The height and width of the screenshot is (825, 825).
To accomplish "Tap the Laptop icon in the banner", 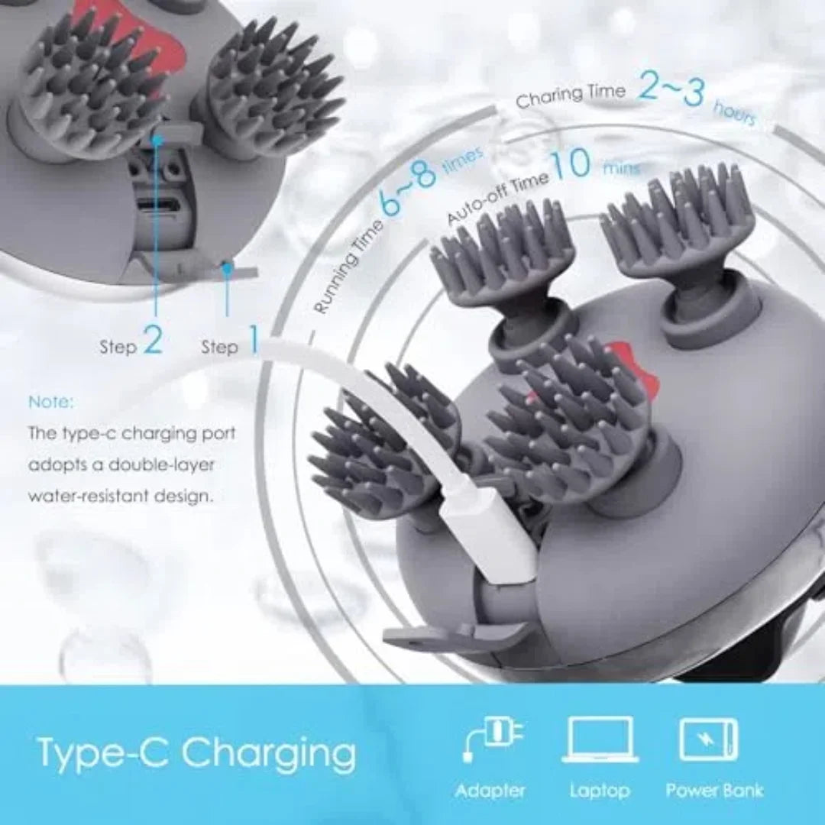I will click(x=600, y=739).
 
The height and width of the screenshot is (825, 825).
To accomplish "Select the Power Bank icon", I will click(x=708, y=739).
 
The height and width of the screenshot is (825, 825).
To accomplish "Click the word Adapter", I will click(x=490, y=790).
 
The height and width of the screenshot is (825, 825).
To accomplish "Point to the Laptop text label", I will click(x=600, y=790).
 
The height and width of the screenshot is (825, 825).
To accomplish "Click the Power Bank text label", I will click(x=714, y=790).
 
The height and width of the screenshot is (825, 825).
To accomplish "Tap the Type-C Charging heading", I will click(x=196, y=752).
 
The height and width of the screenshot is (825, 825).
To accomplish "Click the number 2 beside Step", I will click(x=153, y=341).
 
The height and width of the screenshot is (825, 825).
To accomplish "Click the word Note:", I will click(x=51, y=401).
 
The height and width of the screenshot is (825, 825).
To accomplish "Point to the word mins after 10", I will click(x=621, y=167).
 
